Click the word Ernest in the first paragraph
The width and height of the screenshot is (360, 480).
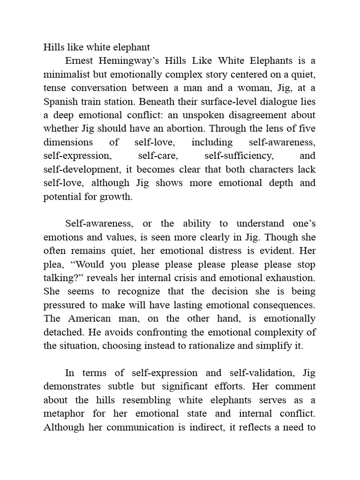(x=80, y=60)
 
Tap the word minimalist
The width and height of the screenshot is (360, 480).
(x=67, y=74)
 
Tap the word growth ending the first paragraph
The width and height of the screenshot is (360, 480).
(x=119, y=197)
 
